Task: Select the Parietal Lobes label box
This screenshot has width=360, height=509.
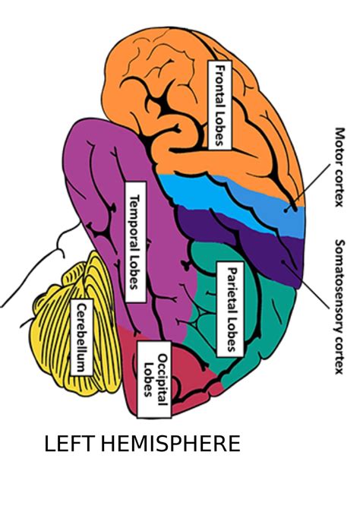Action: click(229, 308)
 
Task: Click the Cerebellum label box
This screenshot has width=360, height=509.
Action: click(81, 337)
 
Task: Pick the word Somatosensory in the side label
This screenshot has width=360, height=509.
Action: click(339, 286)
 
